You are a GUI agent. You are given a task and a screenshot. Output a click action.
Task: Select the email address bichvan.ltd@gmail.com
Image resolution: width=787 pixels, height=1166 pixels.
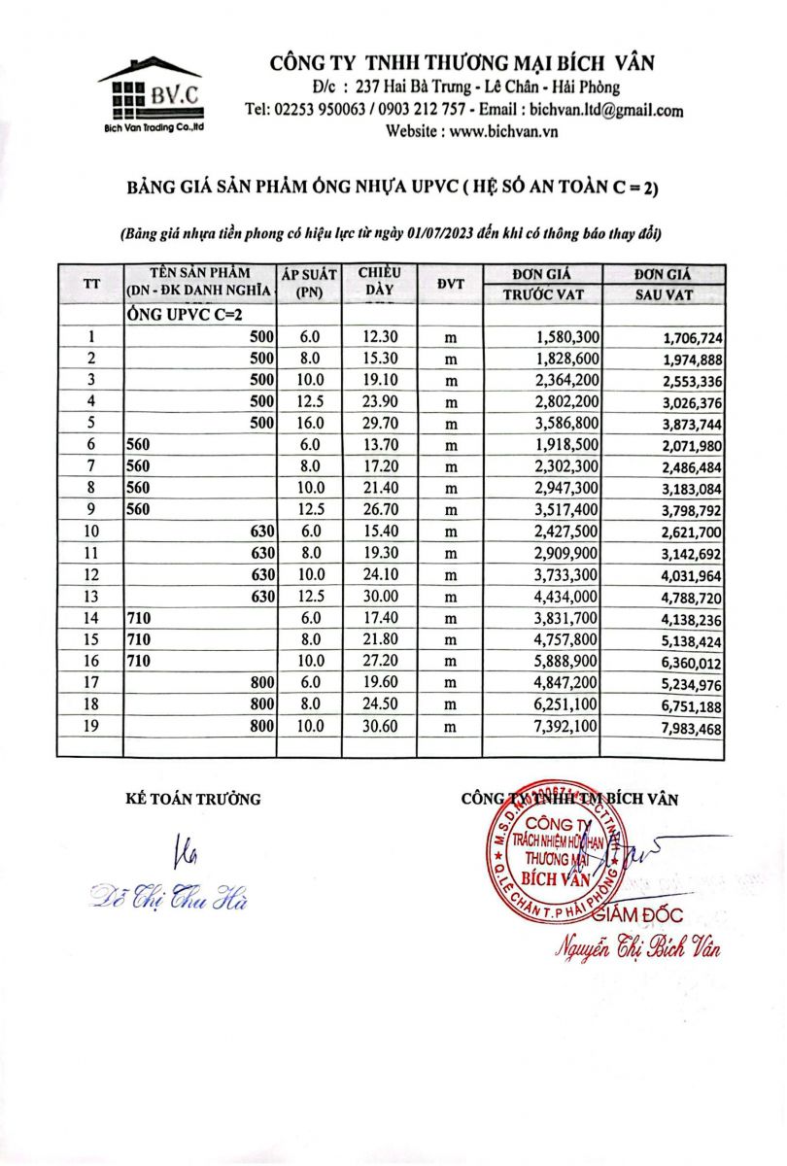click(607, 111)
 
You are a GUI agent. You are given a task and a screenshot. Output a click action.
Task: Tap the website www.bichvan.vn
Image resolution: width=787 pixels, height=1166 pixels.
click(498, 131)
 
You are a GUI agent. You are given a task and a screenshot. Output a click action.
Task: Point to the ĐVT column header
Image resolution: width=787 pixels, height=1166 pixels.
click(451, 284)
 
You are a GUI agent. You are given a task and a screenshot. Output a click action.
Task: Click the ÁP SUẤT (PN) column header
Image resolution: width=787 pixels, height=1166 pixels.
click(308, 284)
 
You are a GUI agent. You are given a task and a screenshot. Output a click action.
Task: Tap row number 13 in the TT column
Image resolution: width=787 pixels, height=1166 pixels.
click(91, 596)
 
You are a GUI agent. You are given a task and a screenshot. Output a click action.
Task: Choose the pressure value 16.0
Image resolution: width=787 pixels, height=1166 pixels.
click(309, 423)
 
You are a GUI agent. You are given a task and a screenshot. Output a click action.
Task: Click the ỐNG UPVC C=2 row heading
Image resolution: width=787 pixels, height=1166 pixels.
click(185, 316)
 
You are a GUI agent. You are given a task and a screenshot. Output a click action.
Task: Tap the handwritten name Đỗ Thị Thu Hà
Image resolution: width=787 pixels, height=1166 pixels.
click(169, 896)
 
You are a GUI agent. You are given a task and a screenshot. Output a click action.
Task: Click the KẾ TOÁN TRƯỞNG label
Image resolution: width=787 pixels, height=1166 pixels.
click(194, 799)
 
